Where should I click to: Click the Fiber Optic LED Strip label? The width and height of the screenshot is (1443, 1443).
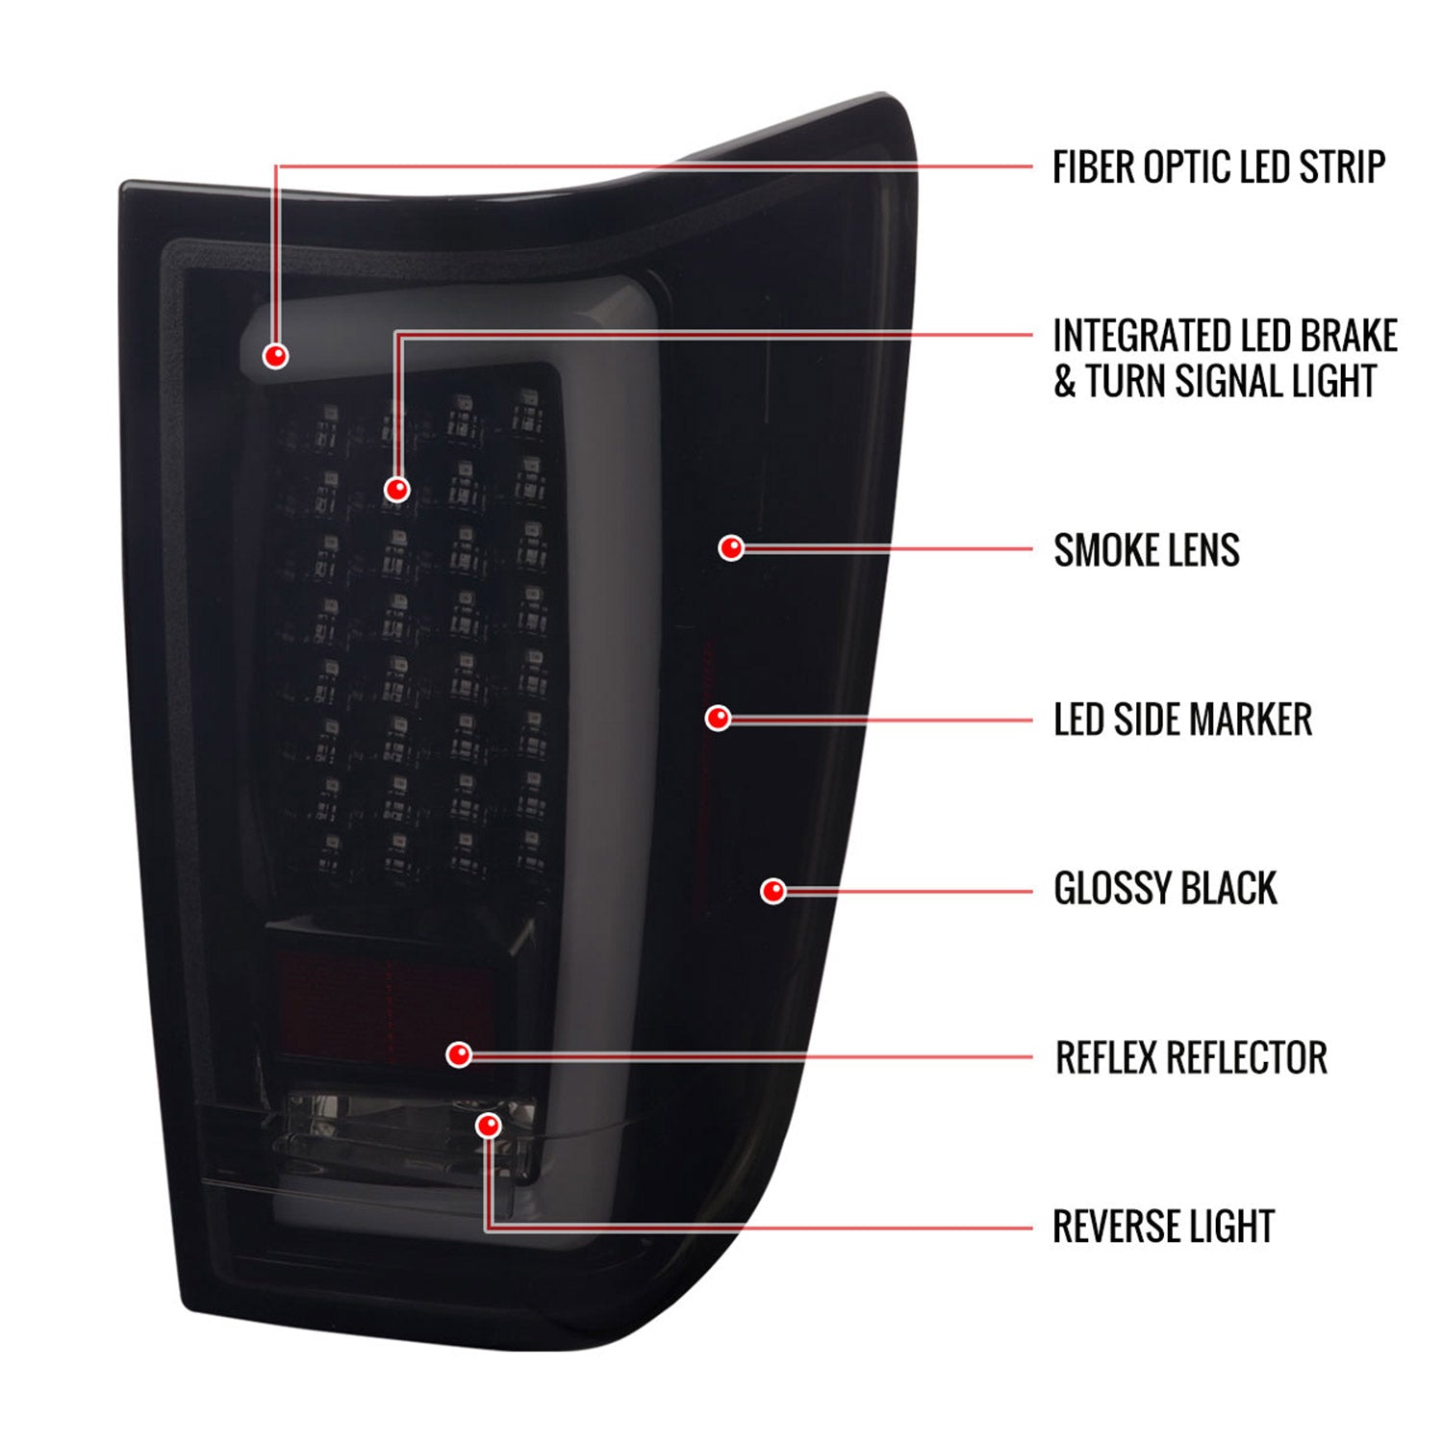tap(1219, 167)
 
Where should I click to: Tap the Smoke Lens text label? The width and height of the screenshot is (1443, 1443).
tap(1147, 550)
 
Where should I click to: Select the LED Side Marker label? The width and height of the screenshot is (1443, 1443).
tap(1182, 720)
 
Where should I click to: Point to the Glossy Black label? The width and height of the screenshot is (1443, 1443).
tap(1165, 888)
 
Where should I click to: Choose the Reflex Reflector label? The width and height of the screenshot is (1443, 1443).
tap(1191, 1057)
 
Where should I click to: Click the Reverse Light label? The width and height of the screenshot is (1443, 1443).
tap(1163, 1227)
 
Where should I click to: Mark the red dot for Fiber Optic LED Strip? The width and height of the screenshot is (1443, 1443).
tap(275, 356)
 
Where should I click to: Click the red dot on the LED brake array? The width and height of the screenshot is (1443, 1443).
tap(396, 490)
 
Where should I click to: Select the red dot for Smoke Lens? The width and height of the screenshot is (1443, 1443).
tap(731, 548)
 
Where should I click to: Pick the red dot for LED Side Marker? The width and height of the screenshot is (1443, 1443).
tap(718, 719)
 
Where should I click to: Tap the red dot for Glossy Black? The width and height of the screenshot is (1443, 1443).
tap(773, 891)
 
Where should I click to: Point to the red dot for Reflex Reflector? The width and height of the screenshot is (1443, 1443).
tap(459, 1054)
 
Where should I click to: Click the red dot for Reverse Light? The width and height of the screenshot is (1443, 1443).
tap(489, 1126)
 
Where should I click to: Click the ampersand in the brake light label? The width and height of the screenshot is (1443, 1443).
tap(1064, 382)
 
